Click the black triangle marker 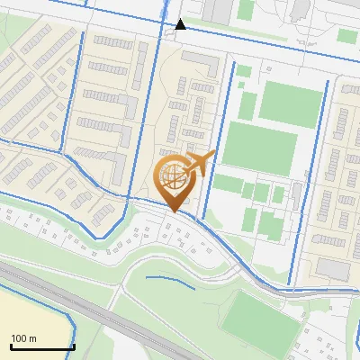point(181,23)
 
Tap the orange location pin point(175,181)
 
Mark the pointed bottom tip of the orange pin point(174,211)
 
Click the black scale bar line point(42,346)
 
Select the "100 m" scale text point(23,338)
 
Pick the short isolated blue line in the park point(171,280)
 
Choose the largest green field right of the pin point(259,147)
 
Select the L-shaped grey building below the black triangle point(202,62)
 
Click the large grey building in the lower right point(332,268)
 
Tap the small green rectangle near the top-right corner point(346,36)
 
